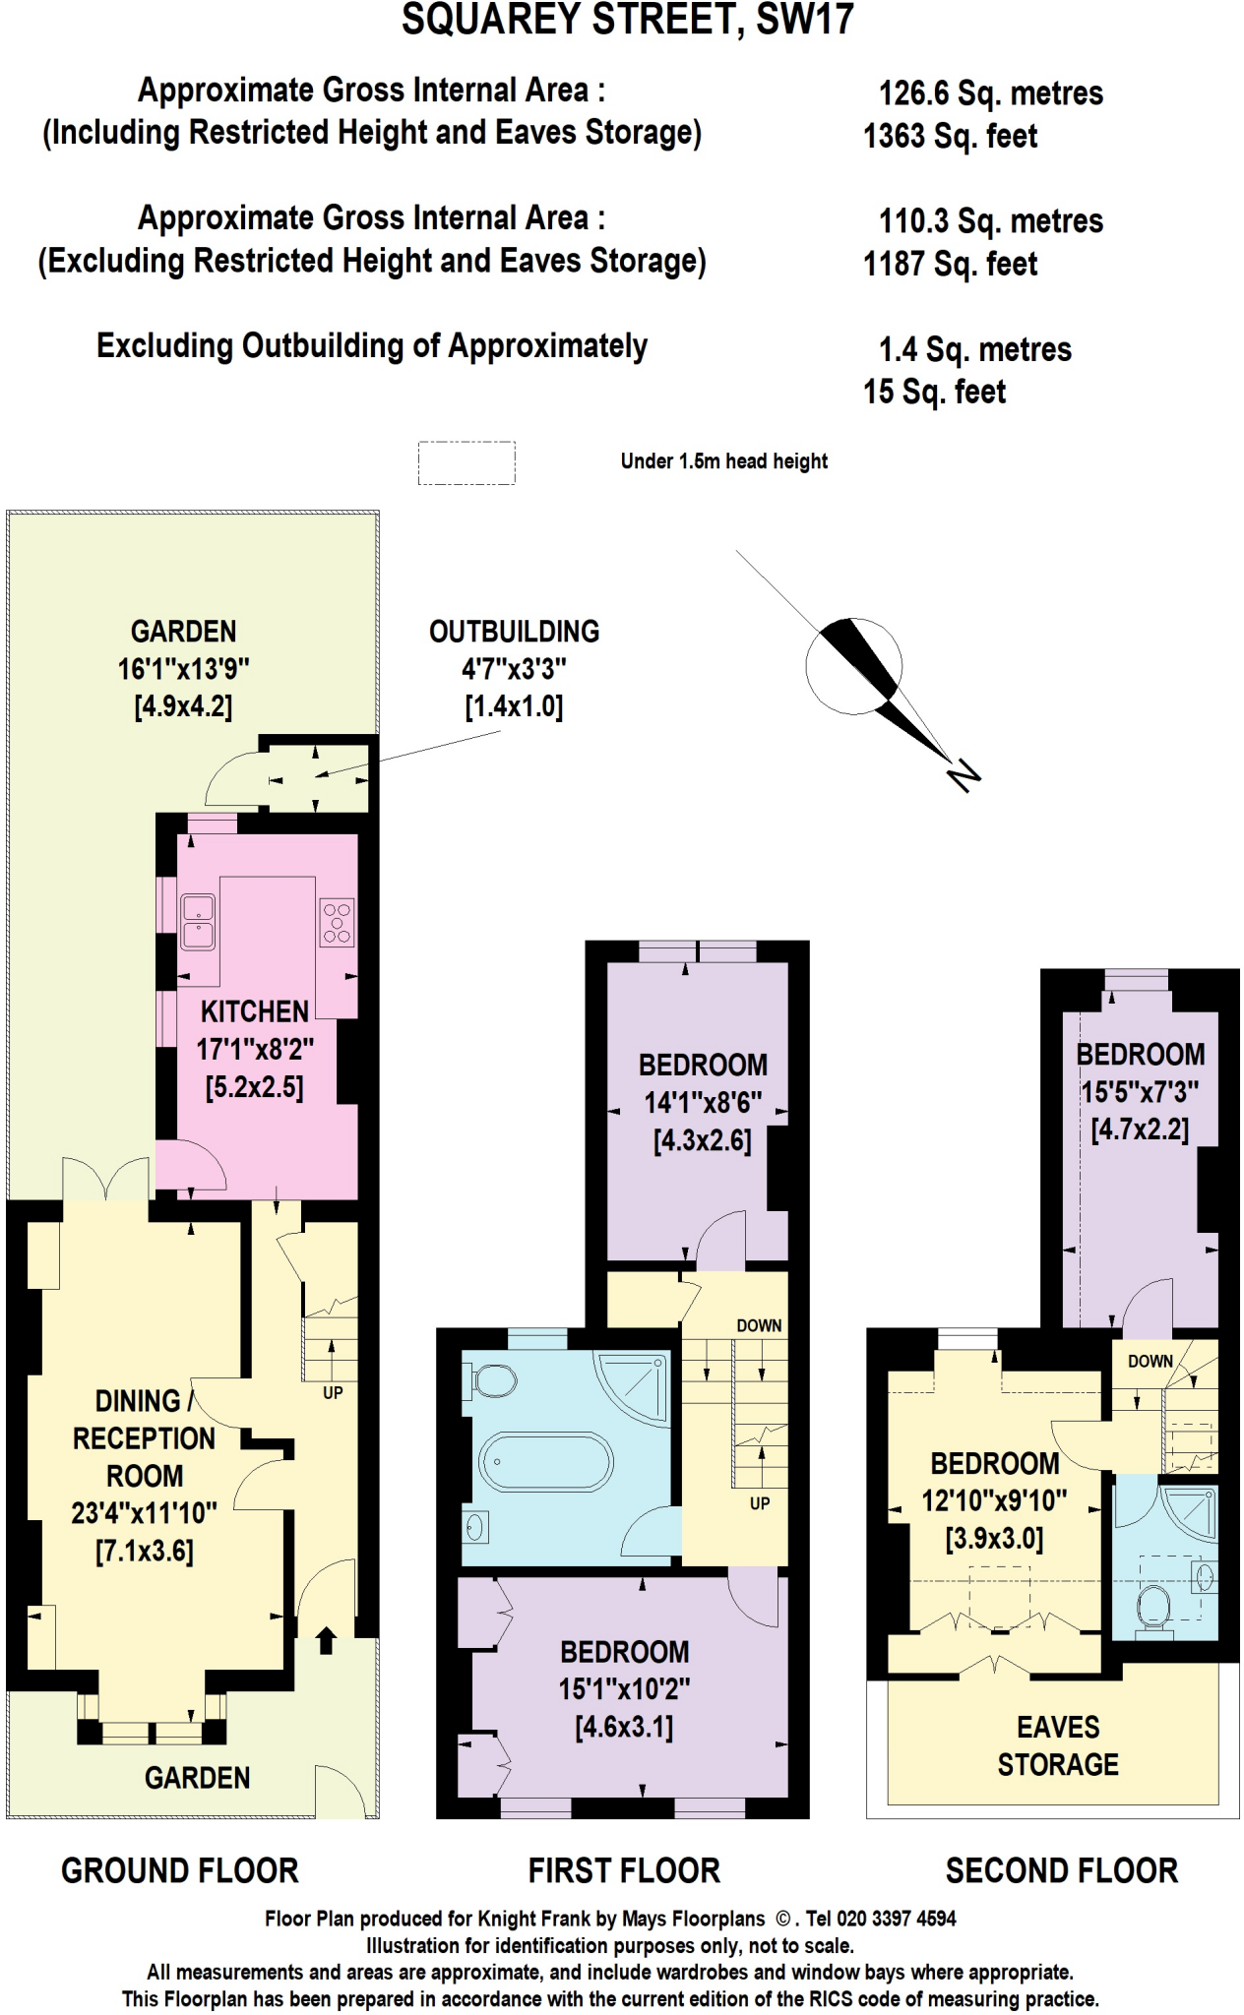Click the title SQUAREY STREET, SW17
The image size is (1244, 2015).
pyautogui.click(x=627, y=20)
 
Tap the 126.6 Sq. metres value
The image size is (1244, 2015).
pyautogui.click(x=990, y=93)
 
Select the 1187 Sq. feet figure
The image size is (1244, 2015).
pyautogui.click(x=950, y=264)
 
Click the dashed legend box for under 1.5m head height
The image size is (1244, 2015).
pyautogui.click(x=466, y=462)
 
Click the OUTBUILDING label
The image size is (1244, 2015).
pyautogui.click(x=514, y=632)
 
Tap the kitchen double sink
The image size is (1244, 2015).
pyautogui.click(x=198, y=922)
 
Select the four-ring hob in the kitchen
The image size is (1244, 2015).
pyautogui.click(x=337, y=923)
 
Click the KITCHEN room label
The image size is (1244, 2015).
pyautogui.click(x=255, y=1011)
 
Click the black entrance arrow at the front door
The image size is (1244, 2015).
pyautogui.click(x=326, y=1640)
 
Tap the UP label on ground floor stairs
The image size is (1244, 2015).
pyautogui.click(x=333, y=1392)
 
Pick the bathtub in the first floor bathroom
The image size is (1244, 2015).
pyautogui.click(x=545, y=1461)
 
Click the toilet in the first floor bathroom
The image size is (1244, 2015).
pyautogui.click(x=492, y=1379)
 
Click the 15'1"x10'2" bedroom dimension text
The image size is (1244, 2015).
pyautogui.click(x=624, y=1689)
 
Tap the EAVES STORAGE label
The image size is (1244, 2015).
pyautogui.click(x=1058, y=1745)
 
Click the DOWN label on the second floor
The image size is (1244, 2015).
pyautogui.click(x=1150, y=1361)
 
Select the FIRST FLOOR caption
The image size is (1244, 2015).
pyautogui.click(x=624, y=1870)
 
